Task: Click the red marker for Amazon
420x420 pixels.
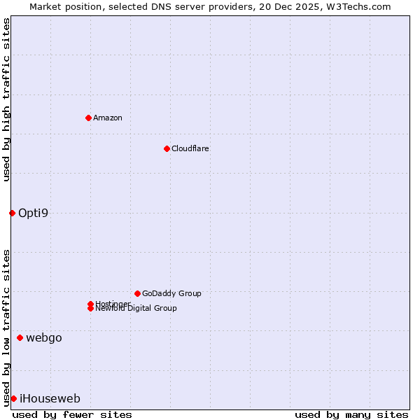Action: (x=88, y=118)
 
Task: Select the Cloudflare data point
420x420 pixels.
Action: (x=167, y=148)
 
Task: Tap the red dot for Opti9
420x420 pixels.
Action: (x=12, y=213)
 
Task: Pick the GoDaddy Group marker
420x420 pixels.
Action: (x=137, y=293)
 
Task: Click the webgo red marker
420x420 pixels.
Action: (x=20, y=338)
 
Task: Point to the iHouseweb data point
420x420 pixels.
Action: (x=13, y=398)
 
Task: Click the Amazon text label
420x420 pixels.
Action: (x=108, y=118)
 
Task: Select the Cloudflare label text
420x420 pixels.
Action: (x=190, y=148)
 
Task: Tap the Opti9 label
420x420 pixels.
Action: (x=34, y=213)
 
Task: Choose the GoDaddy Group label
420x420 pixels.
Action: (x=171, y=293)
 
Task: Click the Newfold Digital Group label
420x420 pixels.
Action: (x=136, y=309)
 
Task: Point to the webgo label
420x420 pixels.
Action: (x=44, y=338)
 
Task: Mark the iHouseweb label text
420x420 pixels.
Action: (x=50, y=399)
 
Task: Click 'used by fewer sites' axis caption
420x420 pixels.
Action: (x=72, y=415)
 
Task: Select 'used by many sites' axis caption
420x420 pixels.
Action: (x=351, y=415)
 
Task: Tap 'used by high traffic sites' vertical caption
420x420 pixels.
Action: (x=6, y=99)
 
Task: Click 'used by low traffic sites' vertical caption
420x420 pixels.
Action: (x=6, y=328)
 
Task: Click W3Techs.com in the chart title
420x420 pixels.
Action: (x=356, y=7)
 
